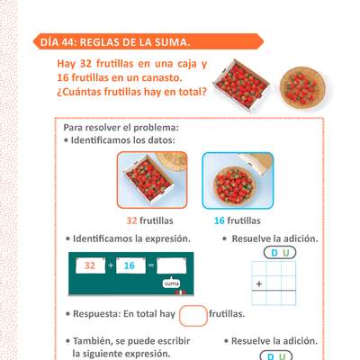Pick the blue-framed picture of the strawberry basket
[x=237, y=180]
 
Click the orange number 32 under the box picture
[x=131, y=220]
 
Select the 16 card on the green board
[x=129, y=265]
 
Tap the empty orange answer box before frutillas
[x=193, y=316]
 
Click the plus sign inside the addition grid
[x=259, y=285]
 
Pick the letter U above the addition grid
[x=286, y=252]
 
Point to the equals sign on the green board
[x=150, y=266]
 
